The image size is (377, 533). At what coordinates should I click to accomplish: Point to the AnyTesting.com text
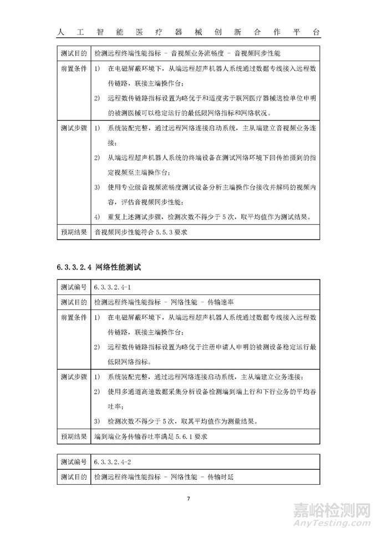pyautogui.click(x=339, y=522)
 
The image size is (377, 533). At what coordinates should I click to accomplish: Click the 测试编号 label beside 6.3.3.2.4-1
pyautogui.click(x=73, y=288)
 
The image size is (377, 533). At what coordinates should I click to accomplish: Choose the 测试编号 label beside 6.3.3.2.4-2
pyautogui.click(x=73, y=461)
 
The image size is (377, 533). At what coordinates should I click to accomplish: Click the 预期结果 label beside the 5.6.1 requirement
pyautogui.click(x=73, y=436)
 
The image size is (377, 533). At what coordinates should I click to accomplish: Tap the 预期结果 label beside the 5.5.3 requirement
pyautogui.click(x=73, y=232)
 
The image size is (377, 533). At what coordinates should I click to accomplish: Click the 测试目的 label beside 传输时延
pyautogui.click(x=73, y=476)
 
